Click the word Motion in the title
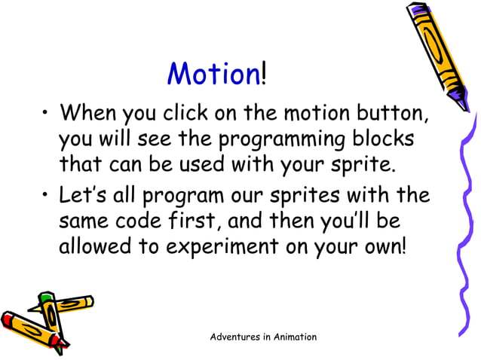coord(213,74)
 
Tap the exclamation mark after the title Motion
coord(263,74)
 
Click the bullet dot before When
coord(47,116)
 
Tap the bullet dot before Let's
coord(47,197)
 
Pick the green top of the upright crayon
coord(47,299)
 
